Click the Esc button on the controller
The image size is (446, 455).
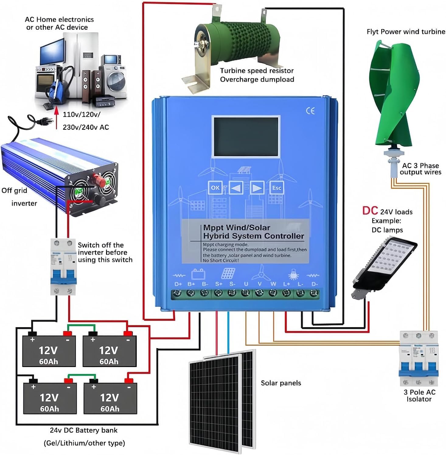pos(276,188)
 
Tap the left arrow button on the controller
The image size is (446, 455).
pos(236,188)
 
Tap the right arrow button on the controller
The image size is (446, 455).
pos(257,188)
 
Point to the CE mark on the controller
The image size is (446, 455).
pos(310,111)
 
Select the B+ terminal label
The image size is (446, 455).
pos(191,284)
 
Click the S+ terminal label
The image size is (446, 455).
pos(219,284)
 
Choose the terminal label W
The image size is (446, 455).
pos(273,284)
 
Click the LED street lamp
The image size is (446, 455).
pos(384,265)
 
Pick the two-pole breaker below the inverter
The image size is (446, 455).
pos(63,267)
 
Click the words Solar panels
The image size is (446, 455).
pos(281,383)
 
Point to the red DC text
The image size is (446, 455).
pos(370,211)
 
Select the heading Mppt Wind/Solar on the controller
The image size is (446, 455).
pos(236,227)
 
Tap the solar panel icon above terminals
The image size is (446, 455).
pos(228,273)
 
